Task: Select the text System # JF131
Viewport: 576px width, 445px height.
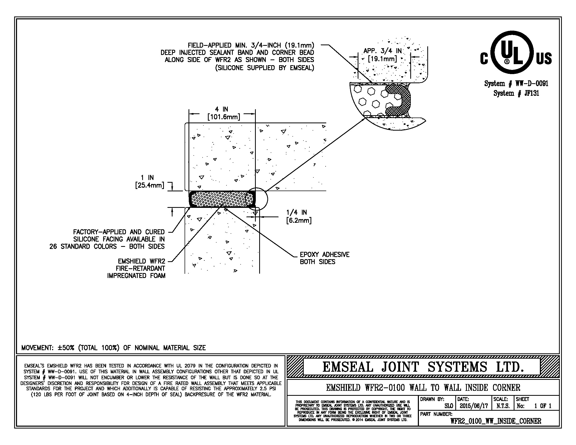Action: [516, 93]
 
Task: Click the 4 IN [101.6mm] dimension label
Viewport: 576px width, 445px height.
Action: [223, 113]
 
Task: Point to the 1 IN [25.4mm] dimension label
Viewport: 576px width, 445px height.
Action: [149, 182]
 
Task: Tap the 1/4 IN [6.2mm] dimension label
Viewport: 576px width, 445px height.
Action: [298, 216]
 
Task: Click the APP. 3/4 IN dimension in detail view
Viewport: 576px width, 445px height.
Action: [382, 54]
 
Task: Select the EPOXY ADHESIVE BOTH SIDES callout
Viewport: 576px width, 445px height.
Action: [324, 258]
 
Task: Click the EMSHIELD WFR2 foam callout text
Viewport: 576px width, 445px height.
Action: [136, 268]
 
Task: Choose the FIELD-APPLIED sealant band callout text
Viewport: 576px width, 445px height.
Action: [237, 57]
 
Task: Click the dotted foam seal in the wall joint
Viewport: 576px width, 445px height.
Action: [219, 199]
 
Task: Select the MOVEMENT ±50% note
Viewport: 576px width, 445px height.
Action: [113, 348]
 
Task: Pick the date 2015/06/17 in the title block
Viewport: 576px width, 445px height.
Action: [474, 406]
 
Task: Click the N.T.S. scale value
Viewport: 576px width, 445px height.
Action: [503, 406]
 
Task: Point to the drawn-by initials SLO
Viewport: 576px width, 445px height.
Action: [448, 406]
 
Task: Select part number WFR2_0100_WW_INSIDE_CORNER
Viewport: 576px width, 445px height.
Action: [496, 421]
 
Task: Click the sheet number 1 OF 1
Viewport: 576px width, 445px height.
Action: [543, 406]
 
